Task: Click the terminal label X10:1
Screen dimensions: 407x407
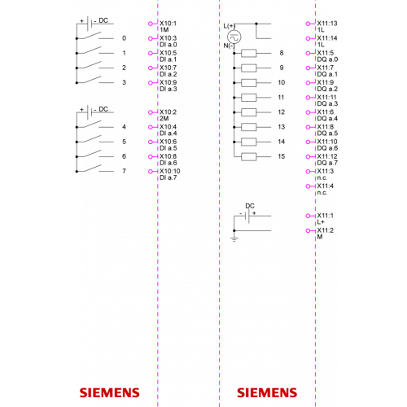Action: (168, 24)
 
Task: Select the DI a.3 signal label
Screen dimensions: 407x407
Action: (168, 89)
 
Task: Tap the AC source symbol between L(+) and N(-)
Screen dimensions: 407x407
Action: (234, 37)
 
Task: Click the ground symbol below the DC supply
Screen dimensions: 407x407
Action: (234, 239)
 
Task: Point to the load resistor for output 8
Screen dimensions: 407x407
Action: (248, 53)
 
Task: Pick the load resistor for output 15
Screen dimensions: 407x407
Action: (248, 156)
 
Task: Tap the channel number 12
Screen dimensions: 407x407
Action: (282, 112)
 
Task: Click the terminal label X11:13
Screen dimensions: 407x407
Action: (327, 24)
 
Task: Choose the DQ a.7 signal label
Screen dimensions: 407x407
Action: (327, 163)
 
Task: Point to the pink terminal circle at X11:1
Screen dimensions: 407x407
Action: (308, 216)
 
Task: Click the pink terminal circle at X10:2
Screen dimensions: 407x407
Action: (151, 112)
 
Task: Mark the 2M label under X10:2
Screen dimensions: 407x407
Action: (164, 119)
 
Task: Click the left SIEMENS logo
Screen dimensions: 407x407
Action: (110, 393)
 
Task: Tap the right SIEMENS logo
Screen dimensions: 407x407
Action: (267, 393)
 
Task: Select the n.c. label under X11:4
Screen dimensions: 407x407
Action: (322, 193)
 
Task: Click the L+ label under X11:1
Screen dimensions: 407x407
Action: (321, 222)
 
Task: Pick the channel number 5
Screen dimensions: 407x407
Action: (124, 142)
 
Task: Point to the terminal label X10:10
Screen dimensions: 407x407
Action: (170, 171)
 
